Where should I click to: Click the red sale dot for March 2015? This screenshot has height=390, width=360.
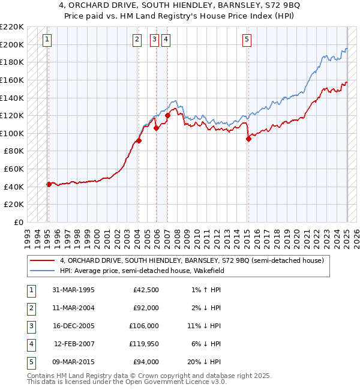[248, 139]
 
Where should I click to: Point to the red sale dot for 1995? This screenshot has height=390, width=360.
[49, 184]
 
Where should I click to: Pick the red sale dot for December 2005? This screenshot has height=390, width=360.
[156, 128]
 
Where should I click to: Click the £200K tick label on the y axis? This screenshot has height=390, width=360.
[13, 44]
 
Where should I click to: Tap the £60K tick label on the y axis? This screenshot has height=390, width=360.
[14, 169]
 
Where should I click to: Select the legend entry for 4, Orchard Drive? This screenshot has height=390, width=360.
[192, 260]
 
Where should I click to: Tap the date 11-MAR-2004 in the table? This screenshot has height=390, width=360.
[74, 308]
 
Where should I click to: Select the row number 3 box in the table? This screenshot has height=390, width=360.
[30, 326]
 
